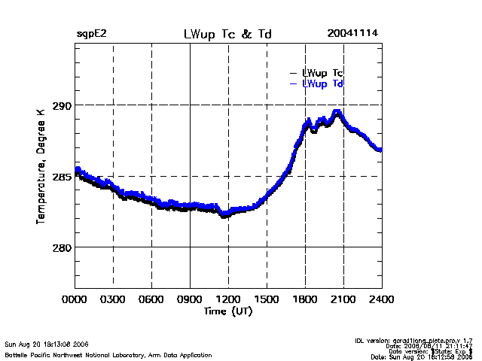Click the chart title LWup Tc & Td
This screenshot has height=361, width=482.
tap(228, 35)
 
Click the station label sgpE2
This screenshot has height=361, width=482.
tap(91, 35)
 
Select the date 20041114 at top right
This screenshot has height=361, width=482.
tap(352, 35)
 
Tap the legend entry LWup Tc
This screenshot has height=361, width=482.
tap(322, 73)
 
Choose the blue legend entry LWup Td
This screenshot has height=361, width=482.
tap(322, 83)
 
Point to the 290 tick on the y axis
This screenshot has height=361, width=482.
tap(61, 105)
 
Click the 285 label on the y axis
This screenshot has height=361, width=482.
tap(61, 177)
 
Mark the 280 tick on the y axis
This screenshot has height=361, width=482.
tap(61, 247)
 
